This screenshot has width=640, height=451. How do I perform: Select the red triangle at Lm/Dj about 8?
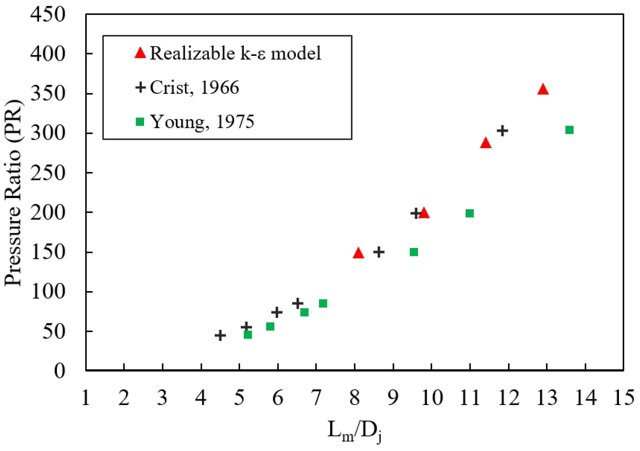tap(358, 253)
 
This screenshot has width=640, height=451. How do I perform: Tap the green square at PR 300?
tap(569, 130)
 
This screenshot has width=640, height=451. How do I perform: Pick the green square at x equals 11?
tap(470, 213)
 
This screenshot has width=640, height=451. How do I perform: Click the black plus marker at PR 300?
tap(502, 130)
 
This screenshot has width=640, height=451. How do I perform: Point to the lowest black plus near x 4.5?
tap(220, 335)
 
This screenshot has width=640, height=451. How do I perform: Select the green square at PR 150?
tap(414, 252)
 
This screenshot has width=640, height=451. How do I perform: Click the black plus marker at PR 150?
tap(379, 252)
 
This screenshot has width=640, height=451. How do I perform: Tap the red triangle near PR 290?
tap(486, 143)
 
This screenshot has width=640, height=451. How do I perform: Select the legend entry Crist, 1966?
tap(194, 88)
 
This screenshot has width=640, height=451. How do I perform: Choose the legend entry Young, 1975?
tap(202, 122)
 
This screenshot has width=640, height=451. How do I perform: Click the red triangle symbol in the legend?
tap(140, 53)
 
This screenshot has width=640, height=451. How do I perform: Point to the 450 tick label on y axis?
tap(48, 15)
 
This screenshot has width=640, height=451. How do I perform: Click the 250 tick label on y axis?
tap(48, 173)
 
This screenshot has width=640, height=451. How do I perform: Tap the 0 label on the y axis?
tap(60, 371)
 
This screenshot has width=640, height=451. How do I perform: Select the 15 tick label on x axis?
tap(624, 398)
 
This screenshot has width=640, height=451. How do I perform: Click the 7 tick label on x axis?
tap(316, 398)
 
